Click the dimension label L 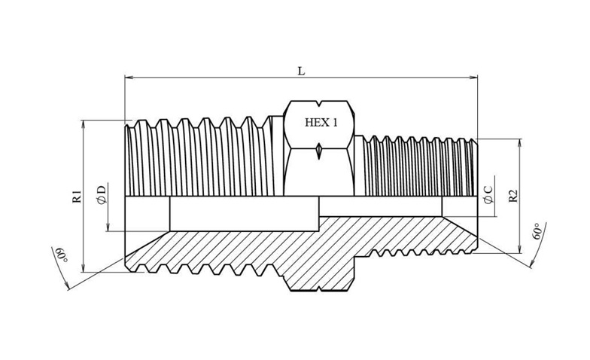[301, 71]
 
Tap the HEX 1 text [321, 122]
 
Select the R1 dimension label [77, 197]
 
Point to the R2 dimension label [513, 196]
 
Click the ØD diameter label [102, 195]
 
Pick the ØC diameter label [489, 194]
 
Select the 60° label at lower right [537, 230]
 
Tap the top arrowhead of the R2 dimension [519, 143]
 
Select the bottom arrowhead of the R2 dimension [519, 249]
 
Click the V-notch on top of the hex [319, 102]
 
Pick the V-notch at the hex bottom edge [319, 289]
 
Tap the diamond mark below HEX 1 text [319, 151]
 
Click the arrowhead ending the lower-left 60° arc [67, 286]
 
